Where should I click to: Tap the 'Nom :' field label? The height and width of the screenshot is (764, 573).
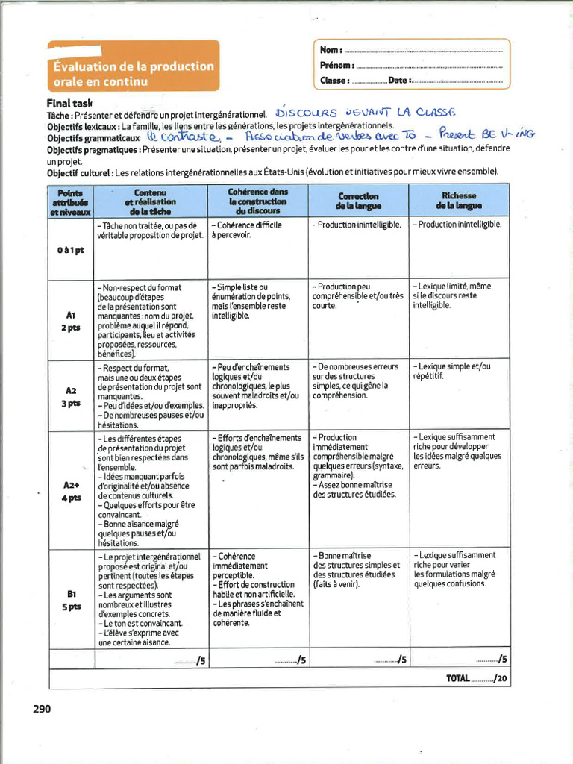coord(331,50)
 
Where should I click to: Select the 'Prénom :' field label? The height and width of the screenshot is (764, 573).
coord(336,65)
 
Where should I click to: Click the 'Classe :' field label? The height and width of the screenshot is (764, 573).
coord(334,81)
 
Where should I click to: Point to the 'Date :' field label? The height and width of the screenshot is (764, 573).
coord(398,81)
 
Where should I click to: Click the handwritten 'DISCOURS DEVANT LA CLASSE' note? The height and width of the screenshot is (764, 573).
coord(364,113)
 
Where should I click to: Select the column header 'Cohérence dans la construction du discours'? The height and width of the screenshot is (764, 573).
coord(257,201)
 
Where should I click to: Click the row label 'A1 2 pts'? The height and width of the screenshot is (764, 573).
coord(70,321)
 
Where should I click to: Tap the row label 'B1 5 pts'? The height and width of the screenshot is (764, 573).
coord(71,600)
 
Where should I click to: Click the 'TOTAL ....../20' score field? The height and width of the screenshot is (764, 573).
coord(477,678)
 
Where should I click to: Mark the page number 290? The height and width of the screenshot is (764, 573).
coord(42,709)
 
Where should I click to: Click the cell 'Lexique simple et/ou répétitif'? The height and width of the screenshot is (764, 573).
coord(451,371)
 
